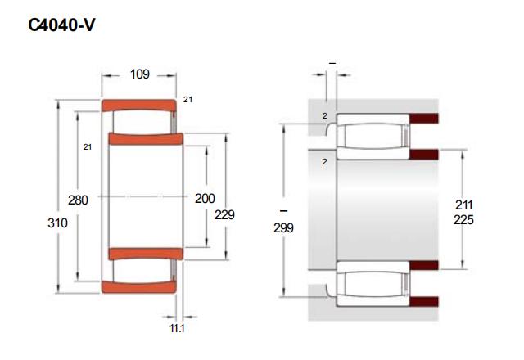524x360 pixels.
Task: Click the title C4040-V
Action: (x=61, y=25)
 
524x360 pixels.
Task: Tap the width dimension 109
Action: (x=140, y=74)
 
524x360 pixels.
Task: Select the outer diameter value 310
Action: (x=57, y=223)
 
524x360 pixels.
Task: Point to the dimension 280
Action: (x=78, y=200)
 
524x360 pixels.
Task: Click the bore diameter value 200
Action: (x=205, y=198)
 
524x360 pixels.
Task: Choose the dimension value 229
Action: (x=224, y=214)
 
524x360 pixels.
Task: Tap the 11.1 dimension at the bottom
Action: (x=177, y=328)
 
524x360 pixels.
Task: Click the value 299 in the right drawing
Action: (x=283, y=227)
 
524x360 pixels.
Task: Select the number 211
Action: (x=464, y=205)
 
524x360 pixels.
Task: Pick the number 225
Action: (x=463, y=220)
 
